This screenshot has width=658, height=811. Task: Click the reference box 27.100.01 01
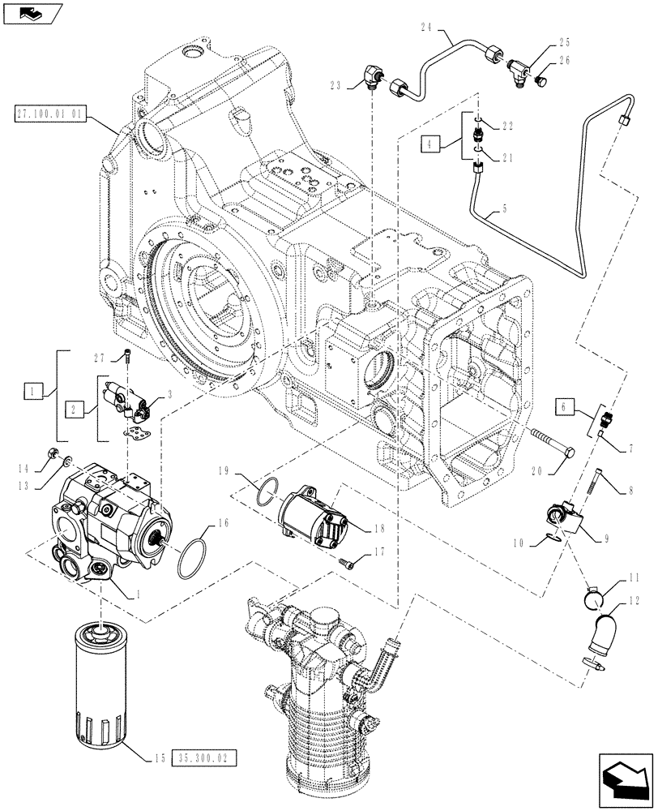[x=48, y=114]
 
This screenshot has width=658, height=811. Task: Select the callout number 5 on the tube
[x=505, y=208]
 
